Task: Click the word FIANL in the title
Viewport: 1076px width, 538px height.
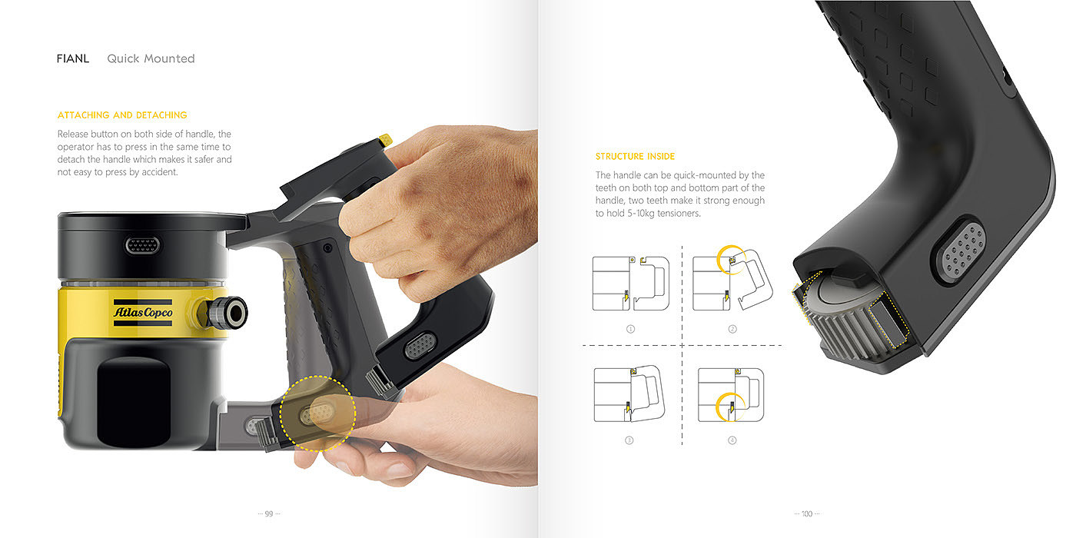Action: [x=73, y=58]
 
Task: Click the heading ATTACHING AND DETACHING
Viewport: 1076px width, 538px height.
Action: [x=122, y=115]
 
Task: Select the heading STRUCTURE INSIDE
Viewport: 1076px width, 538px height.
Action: [x=635, y=157]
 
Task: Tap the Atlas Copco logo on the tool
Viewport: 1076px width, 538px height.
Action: [x=143, y=312]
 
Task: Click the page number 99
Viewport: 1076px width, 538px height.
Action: [x=269, y=514]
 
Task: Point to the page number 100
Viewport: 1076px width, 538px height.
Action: [x=807, y=514]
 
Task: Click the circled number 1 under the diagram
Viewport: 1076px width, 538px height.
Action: [x=631, y=329]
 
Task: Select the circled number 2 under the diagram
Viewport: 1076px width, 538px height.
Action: [x=732, y=329]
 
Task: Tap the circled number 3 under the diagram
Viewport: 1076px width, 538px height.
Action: [x=629, y=440]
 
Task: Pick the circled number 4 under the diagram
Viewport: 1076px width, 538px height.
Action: [x=732, y=440]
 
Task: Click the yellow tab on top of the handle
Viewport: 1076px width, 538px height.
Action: [x=385, y=140]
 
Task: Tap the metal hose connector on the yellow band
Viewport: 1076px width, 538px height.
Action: [x=226, y=313]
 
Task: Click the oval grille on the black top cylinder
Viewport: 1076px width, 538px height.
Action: [x=143, y=245]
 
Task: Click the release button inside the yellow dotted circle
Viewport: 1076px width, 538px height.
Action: [x=317, y=413]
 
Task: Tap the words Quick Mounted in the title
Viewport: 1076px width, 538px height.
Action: [x=151, y=58]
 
